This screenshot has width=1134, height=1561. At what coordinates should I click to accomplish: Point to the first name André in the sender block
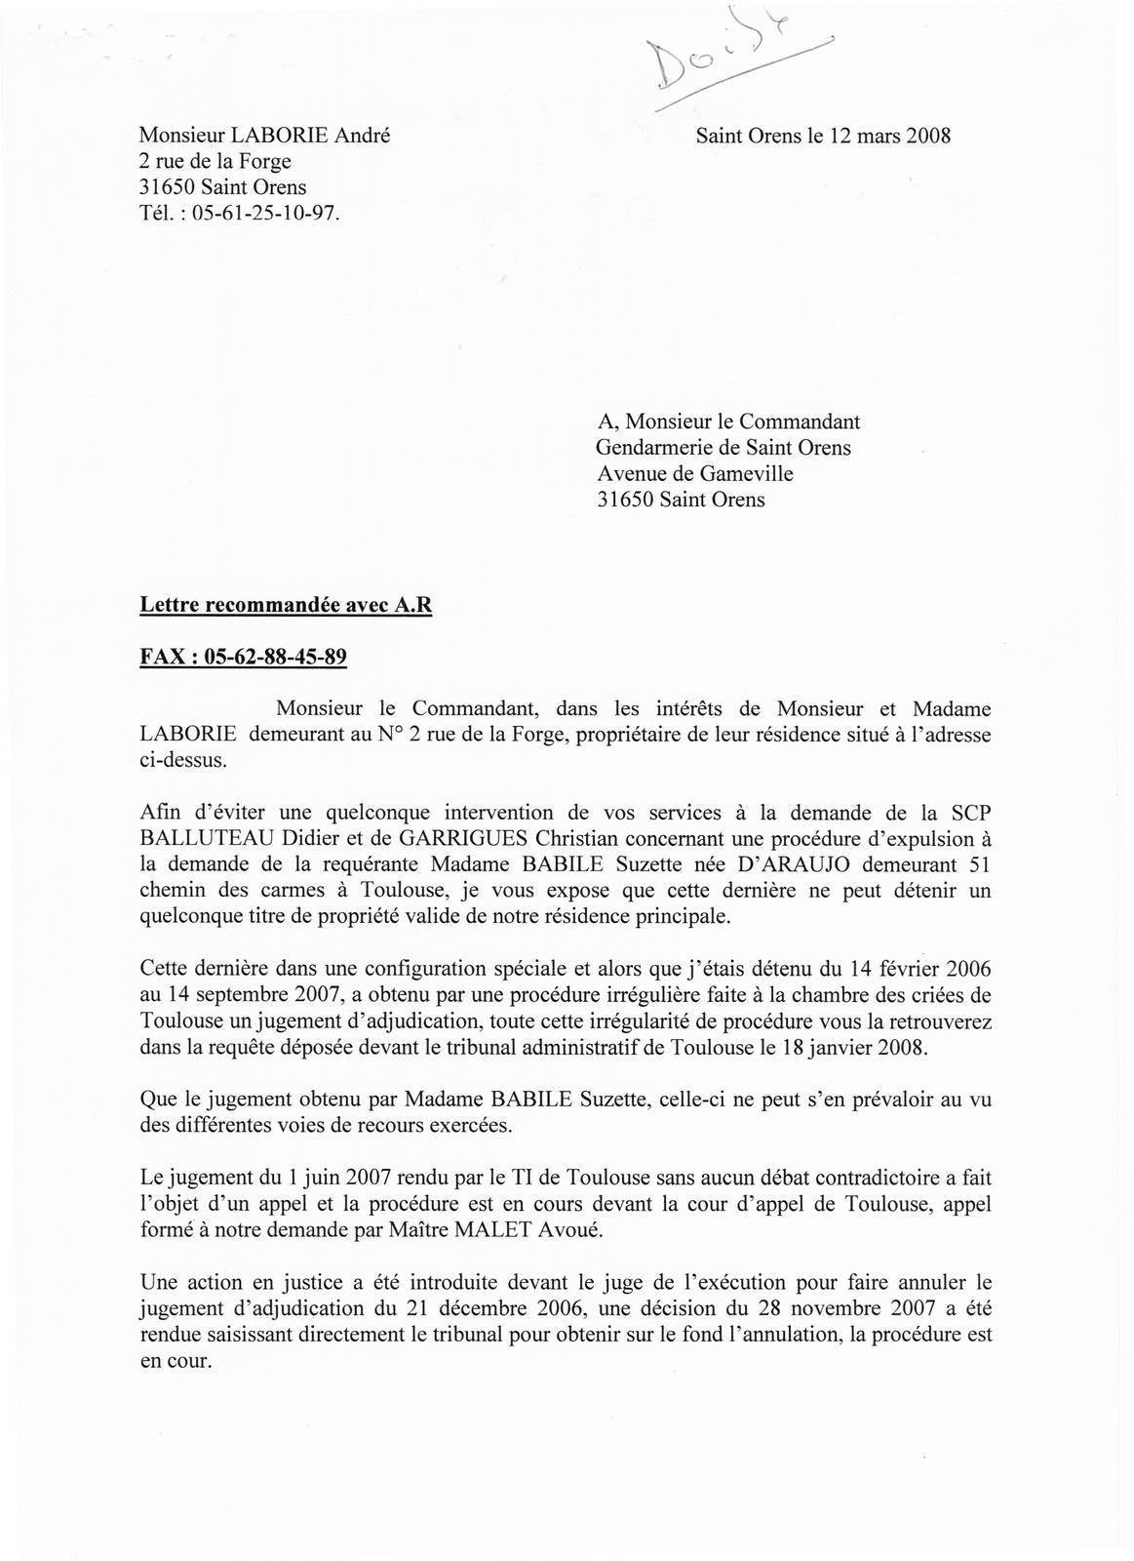pyautogui.click(x=363, y=137)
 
